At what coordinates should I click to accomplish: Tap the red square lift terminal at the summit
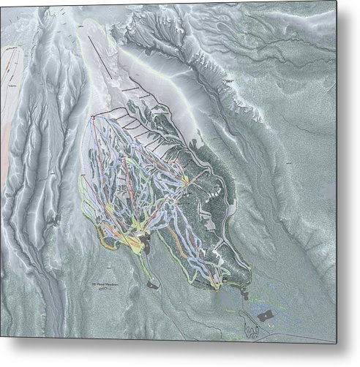(x=94, y=116)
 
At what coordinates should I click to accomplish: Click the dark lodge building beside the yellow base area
(x=146, y=242)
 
